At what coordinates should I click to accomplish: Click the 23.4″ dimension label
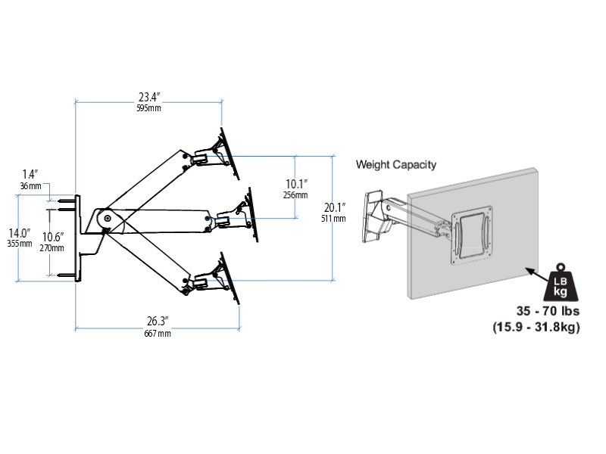[148, 97]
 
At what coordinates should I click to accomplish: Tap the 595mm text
[148, 108]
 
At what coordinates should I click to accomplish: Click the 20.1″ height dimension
[334, 207]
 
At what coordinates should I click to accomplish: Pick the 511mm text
[334, 219]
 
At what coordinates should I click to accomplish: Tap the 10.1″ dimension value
[296, 183]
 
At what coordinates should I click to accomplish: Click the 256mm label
[296, 195]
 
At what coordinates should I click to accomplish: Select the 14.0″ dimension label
[20, 232]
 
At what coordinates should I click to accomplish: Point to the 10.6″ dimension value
[53, 236]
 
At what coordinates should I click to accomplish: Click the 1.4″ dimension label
[30, 174]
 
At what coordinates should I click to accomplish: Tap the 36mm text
[30, 185]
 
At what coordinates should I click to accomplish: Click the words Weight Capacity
[396, 164]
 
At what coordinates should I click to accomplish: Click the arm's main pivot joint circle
[107, 219]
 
